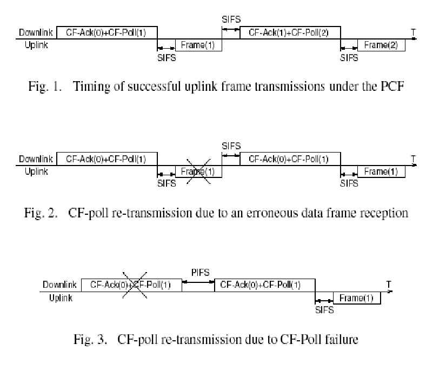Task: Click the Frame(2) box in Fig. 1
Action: point(384,45)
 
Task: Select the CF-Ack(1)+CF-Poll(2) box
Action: point(290,32)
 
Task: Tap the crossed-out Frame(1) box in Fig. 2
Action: point(198,172)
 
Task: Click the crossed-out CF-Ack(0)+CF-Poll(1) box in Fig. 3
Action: point(131,285)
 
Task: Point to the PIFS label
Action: point(200,272)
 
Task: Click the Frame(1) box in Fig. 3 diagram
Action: point(357,298)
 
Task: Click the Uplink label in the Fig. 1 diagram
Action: point(36,45)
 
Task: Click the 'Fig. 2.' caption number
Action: point(40,213)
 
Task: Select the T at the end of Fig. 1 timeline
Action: point(413,33)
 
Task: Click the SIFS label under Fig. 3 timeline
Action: point(324,310)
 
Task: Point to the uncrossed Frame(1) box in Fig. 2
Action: point(384,172)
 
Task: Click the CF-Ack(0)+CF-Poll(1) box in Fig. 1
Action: point(106,32)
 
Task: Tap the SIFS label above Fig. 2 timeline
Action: point(231,146)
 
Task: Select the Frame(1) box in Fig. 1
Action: point(198,45)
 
